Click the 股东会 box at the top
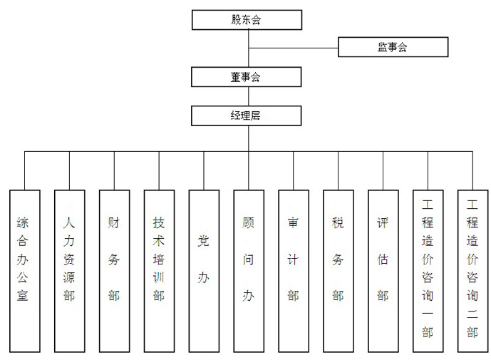click(246, 20)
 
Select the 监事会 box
click(393, 48)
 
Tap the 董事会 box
click(246, 77)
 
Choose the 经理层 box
click(246, 115)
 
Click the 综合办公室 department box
click(24, 270)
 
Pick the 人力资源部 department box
click(69, 270)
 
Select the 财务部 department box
click(114, 270)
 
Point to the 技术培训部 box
click(159, 270)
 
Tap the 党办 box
click(204, 270)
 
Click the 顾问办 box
click(249, 270)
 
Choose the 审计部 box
click(294, 270)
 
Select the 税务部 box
click(338, 270)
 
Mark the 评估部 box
click(383, 270)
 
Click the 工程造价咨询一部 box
click(428, 270)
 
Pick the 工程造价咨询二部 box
click(472, 270)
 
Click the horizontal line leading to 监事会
click(293, 48)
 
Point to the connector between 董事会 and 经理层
click(248, 96)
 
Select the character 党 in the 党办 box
click(204, 241)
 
